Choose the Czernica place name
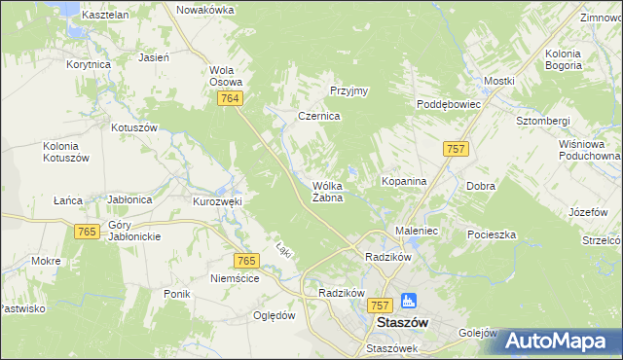318,116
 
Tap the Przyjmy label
348,91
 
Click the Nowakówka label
205,9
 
